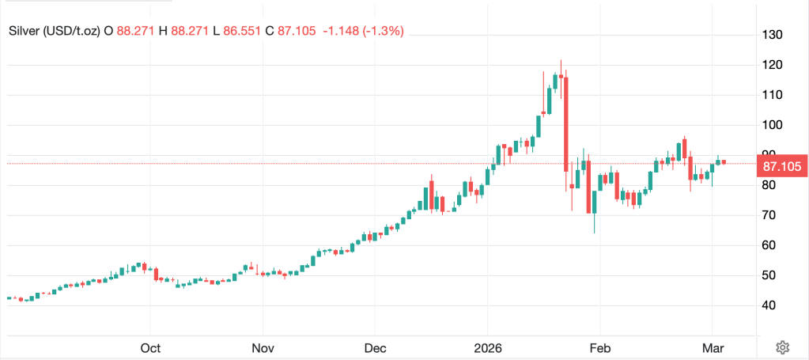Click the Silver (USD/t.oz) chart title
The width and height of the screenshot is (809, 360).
click(55, 31)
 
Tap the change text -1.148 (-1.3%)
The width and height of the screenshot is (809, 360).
click(363, 31)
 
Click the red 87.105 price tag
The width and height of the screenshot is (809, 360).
click(781, 166)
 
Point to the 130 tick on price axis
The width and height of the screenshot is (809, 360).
click(772, 35)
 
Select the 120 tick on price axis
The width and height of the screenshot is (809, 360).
click(772, 65)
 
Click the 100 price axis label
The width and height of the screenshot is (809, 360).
click(772, 125)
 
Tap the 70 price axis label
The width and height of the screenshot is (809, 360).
click(769, 215)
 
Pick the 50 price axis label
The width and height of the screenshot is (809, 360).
click(769, 275)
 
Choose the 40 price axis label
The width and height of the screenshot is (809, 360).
click(769, 305)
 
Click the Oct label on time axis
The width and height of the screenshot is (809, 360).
click(150, 348)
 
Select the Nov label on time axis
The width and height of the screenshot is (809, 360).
click(263, 348)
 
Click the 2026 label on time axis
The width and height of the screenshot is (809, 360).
click(487, 348)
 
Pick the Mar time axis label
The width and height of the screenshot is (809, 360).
click(712, 348)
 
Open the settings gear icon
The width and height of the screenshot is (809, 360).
click(782, 347)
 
